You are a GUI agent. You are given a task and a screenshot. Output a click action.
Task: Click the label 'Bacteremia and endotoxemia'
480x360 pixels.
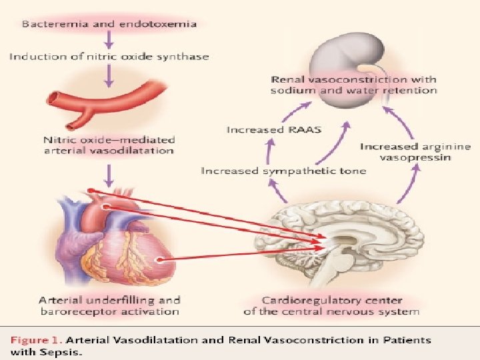(x=109, y=24)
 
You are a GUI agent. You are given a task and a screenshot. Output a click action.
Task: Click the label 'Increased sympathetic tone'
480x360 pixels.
(x=283, y=171)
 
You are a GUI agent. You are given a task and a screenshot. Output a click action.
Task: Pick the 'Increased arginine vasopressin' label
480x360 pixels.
(x=415, y=151)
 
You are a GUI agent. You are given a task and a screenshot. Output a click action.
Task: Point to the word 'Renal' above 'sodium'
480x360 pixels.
(x=289, y=79)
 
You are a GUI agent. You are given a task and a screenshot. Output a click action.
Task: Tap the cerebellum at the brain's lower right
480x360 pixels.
(x=393, y=263)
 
